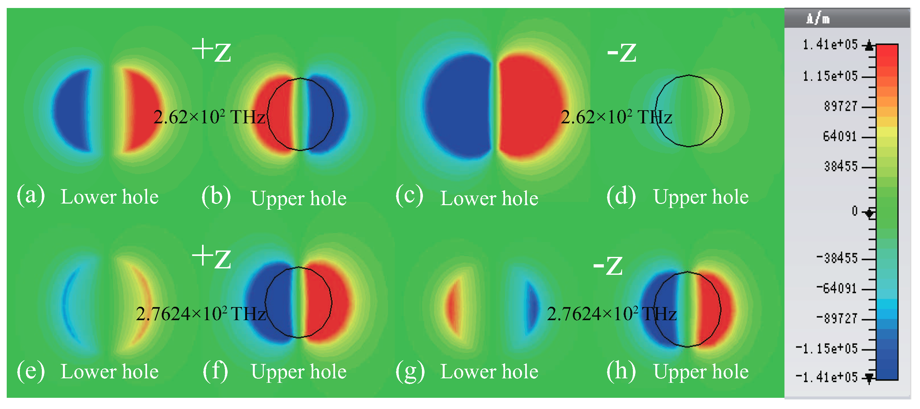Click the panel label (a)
[31, 195]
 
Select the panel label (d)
[621, 196]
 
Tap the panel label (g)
[410, 371]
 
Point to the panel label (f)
[215, 371]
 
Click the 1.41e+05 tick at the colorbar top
[830, 45]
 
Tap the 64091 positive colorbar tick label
[840, 136]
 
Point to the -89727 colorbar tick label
[837, 318]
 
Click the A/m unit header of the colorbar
[817, 19]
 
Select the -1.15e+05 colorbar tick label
[826, 348]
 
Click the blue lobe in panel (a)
[71, 111]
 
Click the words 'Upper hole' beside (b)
[299, 198]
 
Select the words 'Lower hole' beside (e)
[109, 372]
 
